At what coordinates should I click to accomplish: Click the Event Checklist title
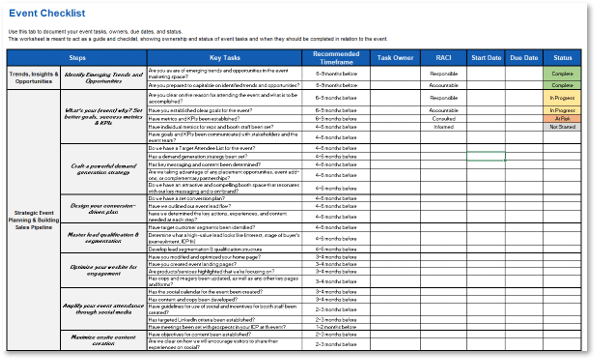48,14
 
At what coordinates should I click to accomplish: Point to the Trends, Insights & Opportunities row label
32,76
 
